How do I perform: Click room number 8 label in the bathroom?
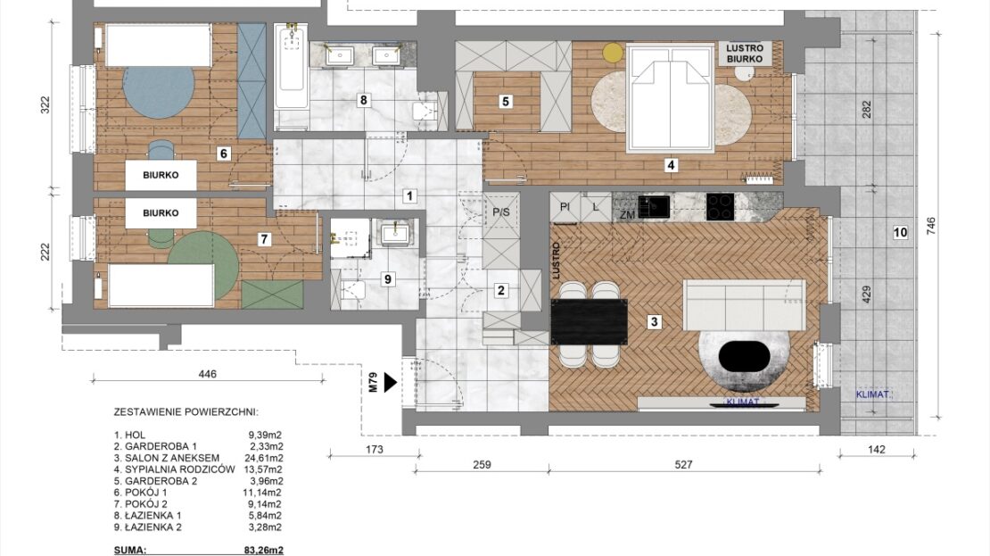pos(363,100)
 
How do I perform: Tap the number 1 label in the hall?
pos(409,195)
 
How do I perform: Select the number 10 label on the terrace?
pos(900,233)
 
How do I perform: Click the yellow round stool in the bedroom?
pos(612,53)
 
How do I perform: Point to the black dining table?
pos(590,321)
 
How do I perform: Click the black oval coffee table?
pos(745,357)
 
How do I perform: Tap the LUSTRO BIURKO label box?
pos(745,53)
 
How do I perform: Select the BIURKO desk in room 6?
pos(161,175)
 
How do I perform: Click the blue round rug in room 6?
pos(159,91)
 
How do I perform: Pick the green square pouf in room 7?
pos(272,295)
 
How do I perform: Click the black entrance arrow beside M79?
pos(390,382)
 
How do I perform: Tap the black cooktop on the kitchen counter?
pos(720,207)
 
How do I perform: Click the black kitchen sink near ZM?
pos(654,207)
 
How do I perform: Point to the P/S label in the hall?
pos(500,212)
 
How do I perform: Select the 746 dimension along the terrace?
pos(930,226)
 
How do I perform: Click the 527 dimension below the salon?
pos(684,464)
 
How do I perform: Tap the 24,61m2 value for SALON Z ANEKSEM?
pos(265,458)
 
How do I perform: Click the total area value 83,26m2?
pos(263,550)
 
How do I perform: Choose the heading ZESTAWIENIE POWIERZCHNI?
pos(186,412)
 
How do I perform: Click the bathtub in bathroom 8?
pos(291,67)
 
